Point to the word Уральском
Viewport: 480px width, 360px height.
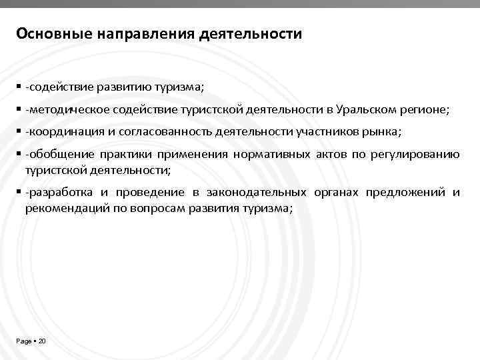[366, 109]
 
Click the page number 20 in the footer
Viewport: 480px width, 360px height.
[42, 341]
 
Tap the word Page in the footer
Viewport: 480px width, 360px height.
[23, 341]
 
